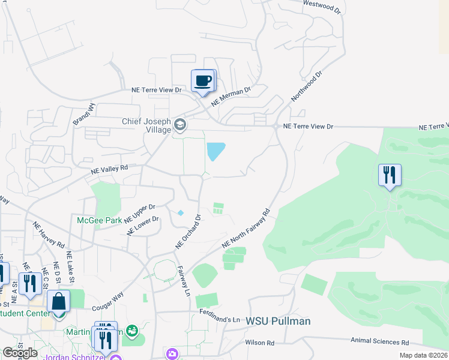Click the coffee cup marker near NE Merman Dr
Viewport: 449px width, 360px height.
[x=202, y=80]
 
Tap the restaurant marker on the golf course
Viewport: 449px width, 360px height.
[x=390, y=175]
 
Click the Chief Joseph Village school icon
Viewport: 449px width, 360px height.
[x=179, y=125]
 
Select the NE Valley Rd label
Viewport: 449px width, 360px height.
[x=109, y=170]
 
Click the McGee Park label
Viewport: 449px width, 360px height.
[x=100, y=220]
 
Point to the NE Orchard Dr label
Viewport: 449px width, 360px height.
[x=187, y=230]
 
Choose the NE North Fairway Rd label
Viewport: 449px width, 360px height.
[x=247, y=229]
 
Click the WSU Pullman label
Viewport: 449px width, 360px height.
[x=278, y=321]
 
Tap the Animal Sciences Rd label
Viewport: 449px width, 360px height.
[x=380, y=342]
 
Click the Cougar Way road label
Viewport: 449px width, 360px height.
[x=108, y=301]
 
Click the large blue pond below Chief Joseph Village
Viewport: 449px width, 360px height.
[x=215, y=151]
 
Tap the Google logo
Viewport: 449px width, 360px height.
[x=20, y=353]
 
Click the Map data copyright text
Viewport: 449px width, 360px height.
[x=423, y=355]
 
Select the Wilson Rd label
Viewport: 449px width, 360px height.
[x=259, y=343]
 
